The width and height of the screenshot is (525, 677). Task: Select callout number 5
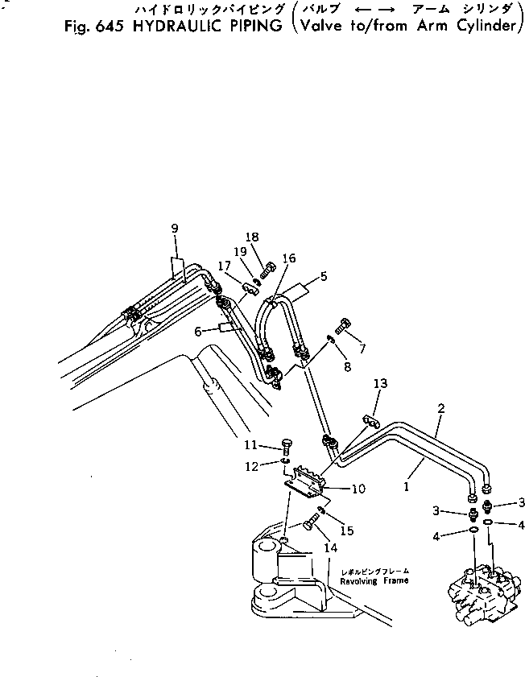pos(323,277)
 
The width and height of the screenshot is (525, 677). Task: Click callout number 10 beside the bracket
pos(358,489)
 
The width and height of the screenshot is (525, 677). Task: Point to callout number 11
pos(251,444)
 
